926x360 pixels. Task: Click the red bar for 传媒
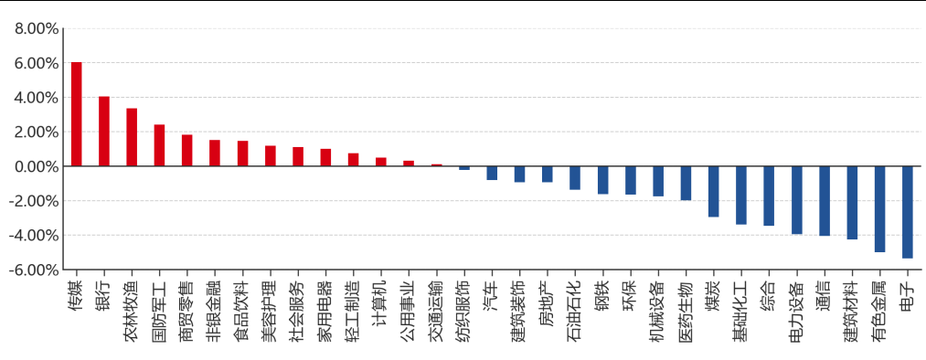76,114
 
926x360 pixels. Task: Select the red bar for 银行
104,131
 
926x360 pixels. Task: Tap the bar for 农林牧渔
132,137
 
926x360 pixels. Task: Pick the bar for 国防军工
159,145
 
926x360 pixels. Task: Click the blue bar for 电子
908,213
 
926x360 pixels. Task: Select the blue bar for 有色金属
880,209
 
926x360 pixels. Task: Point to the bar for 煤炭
713,192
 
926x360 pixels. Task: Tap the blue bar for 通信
825,201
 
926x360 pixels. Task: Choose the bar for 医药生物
686,184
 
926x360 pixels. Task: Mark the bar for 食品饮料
243,154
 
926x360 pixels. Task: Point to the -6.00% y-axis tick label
33,270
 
